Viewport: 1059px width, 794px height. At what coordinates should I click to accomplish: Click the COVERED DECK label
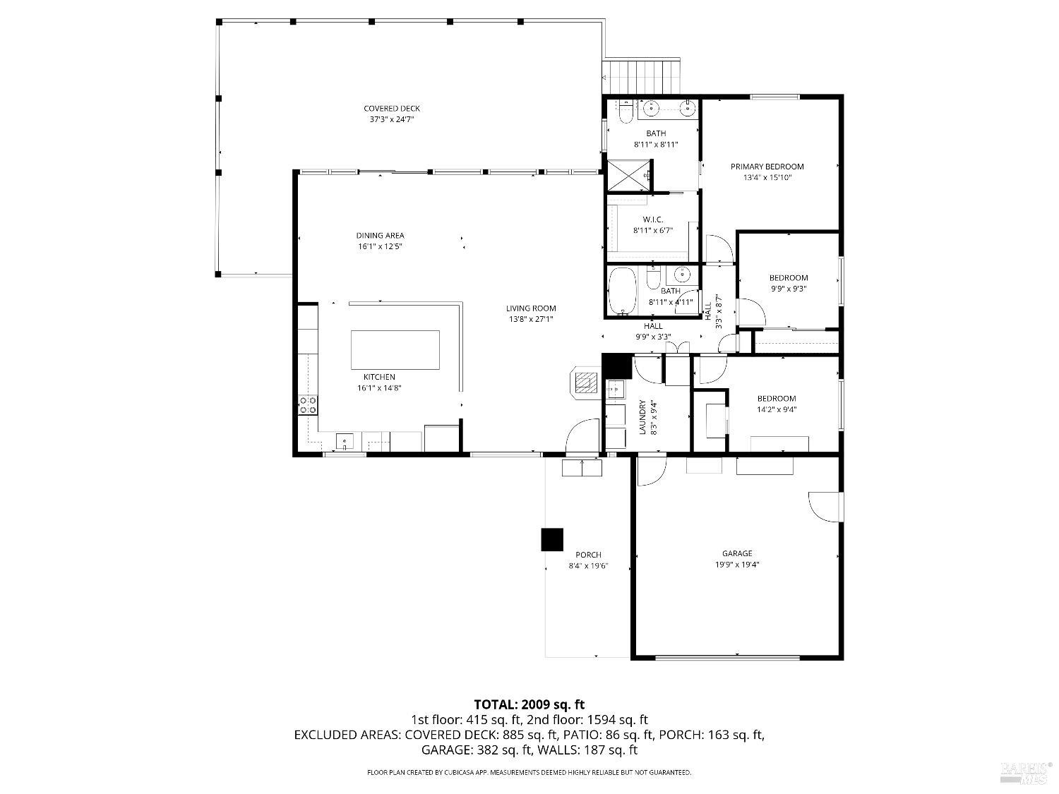point(391,109)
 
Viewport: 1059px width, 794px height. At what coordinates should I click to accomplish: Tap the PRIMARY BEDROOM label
point(767,167)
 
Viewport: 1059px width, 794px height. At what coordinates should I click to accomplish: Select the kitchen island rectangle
point(395,350)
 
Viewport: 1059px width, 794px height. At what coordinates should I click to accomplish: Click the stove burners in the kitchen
point(308,404)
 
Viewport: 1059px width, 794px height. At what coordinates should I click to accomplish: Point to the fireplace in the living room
point(586,383)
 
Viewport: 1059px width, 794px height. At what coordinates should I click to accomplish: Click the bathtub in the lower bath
point(623,291)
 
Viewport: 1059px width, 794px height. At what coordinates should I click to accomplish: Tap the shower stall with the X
point(630,176)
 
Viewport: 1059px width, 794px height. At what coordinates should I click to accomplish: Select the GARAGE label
point(737,553)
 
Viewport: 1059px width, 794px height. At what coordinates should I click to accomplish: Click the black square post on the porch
point(552,539)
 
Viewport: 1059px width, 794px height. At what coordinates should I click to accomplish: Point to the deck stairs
point(642,76)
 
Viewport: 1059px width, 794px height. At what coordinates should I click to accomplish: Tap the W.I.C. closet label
point(653,219)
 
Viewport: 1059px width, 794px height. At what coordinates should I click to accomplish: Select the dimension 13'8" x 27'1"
point(531,319)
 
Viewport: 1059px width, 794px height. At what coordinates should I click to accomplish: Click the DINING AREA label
point(380,235)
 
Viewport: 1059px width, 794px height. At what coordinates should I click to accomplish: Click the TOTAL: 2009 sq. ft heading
point(529,704)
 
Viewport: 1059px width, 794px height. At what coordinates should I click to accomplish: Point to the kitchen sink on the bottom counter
point(345,441)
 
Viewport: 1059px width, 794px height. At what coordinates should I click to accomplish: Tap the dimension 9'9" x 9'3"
point(789,289)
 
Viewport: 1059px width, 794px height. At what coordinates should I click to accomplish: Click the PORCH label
point(588,555)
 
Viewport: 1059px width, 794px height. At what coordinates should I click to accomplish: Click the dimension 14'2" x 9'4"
point(777,410)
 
